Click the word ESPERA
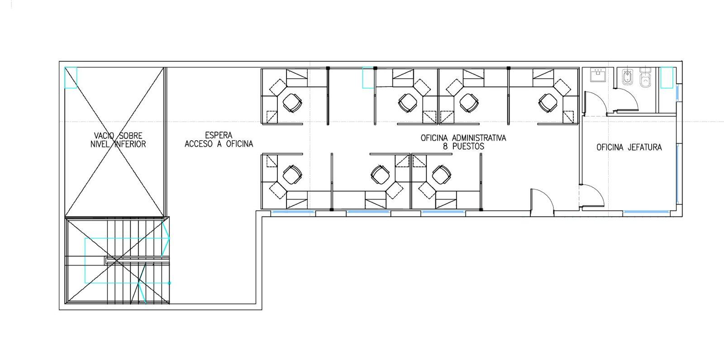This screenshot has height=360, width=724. (x=219, y=135)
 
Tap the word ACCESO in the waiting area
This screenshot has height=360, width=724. (x=199, y=144)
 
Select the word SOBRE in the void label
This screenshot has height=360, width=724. (x=131, y=135)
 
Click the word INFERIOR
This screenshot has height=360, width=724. (x=130, y=144)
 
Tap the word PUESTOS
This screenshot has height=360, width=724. (x=468, y=147)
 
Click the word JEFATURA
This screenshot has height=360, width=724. (x=645, y=147)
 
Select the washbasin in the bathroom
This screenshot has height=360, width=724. (x=598, y=75)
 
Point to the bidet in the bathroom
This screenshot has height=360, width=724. (x=627, y=77)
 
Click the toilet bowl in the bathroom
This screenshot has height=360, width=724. (x=645, y=77)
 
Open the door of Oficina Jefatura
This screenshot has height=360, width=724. (x=592, y=196)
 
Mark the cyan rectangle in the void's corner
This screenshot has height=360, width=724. (x=71, y=77)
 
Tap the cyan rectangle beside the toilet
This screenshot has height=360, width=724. (x=667, y=77)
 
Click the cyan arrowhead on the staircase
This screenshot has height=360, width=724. (x=166, y=238)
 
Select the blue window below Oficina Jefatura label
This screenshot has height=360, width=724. (x=646, y=212)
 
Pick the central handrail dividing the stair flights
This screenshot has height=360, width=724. (x=138, y=261)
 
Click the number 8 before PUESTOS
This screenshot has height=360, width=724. (x=445, y=147)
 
